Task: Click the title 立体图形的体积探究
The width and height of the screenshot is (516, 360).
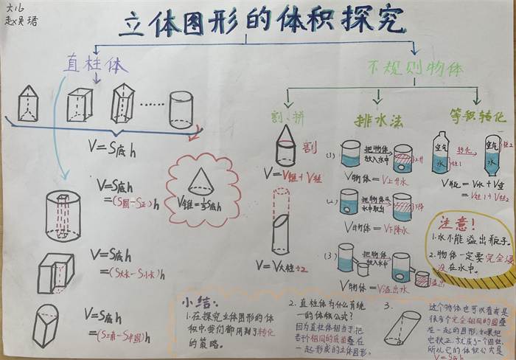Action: point(262,24)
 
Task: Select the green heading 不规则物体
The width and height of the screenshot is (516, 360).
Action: point(414,69)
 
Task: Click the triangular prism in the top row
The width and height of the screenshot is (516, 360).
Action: point(27,103)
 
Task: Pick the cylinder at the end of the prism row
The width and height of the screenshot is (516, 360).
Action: point(181,110)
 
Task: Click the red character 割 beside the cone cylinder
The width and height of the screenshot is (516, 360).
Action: point(310,147)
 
